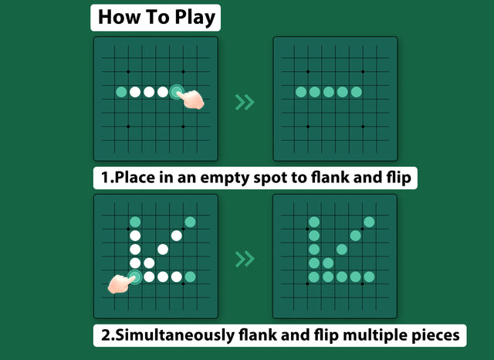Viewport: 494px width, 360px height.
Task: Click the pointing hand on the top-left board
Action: pyautogui.click(x=190, y=98)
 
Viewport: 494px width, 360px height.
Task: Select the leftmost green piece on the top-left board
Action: pyautogui.click(x=121, y=92)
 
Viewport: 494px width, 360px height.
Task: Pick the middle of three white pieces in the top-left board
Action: pyautogui.click(x=149, y=92)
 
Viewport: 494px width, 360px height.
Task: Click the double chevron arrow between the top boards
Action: pyautogui.click(x=245, y=102)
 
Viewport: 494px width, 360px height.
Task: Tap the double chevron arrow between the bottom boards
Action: pyautogui.click(x=245, y=257)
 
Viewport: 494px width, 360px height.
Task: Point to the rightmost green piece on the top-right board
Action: pyautogui.click(x=356, y=92)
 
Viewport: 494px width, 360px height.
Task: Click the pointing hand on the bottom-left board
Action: pyautogui.click(x=120, y=283)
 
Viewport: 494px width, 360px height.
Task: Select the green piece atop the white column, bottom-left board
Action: pyautogui.click(x=135, y=222)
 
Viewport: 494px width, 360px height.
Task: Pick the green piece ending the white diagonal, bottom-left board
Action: pyautogui.click(x=190, y=222)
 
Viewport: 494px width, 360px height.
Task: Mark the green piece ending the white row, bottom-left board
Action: pyautogui.click(x=190, y=276)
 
